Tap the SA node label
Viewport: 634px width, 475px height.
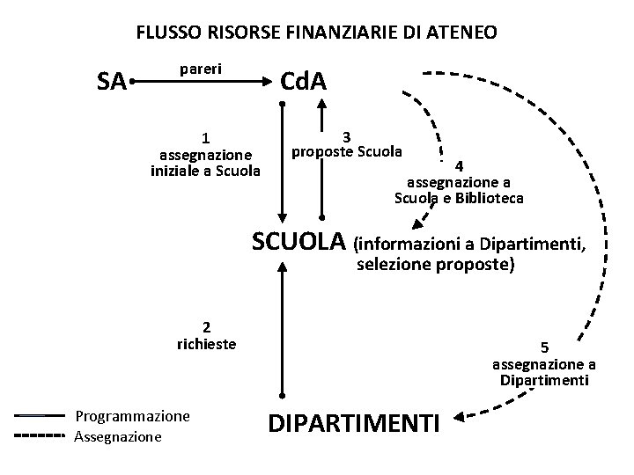pyautogui.click(x=111, y=83)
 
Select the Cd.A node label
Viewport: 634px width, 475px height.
pyautogui.click(x=303, y=82)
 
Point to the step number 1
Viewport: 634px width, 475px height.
pyautogui.click(x=204, y=137)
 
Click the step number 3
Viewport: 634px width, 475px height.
pyautogui.click(x=347, y=136)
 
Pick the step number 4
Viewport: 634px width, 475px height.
pyautogui.click(x=458, y=166)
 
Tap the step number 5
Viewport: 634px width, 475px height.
pyautogui.click(x=543, y=347)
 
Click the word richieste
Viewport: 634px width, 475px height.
pyautogui.click(x=206, y=344)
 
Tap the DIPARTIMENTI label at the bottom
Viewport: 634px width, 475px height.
pyautogui.click(x=353, y=424)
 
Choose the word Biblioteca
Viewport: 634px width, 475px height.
pyautogui.click(x=488, y=198)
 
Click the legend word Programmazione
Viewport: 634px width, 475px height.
pyautogui.click(x=133, y=414)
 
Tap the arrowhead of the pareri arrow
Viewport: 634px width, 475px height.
pyautogui.click(x=266, y=83)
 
